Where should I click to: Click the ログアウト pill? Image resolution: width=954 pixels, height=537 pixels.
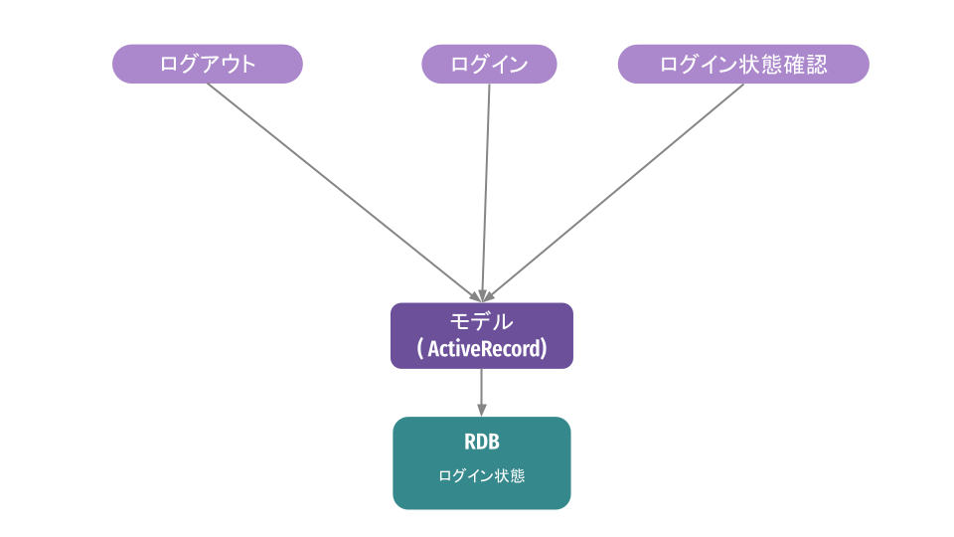pos(207,64)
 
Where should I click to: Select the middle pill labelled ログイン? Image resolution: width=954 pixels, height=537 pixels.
pos(489,64)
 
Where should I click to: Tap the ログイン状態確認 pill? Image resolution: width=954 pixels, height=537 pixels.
pos(743,64)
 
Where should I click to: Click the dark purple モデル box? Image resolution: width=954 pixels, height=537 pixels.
pos(482,335)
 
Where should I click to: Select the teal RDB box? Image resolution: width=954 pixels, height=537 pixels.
pos(482,462)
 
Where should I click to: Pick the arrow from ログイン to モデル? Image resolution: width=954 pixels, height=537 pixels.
pos(486,189)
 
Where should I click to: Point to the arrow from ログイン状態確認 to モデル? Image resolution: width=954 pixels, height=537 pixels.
pos(616,189)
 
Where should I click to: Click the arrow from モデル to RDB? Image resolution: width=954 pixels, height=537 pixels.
pos(482,390)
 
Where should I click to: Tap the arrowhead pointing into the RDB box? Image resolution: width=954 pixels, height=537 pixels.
pos(482,410)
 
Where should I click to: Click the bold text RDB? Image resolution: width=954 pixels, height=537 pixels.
pos(482,442)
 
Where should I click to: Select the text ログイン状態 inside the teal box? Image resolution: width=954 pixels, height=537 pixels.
pos(482,476)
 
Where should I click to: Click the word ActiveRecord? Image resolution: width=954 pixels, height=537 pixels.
pos(485,349)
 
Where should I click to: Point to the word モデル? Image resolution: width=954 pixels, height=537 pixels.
pos(482,321)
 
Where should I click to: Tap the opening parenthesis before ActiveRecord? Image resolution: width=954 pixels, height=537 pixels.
pos(420,349)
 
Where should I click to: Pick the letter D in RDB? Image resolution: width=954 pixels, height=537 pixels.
pos(482,442)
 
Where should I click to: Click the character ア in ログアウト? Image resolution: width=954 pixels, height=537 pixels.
pos(208,65)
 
